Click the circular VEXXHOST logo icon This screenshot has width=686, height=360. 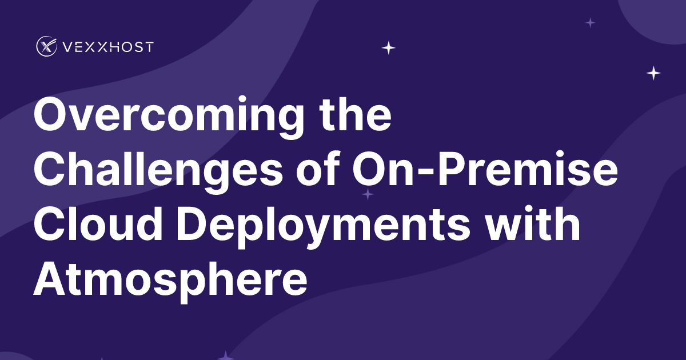point(46,46)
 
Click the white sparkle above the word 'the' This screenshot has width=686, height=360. point(389,48)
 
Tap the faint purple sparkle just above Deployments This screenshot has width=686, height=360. point(368,195)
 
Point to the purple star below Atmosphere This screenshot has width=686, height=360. point(226,356)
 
